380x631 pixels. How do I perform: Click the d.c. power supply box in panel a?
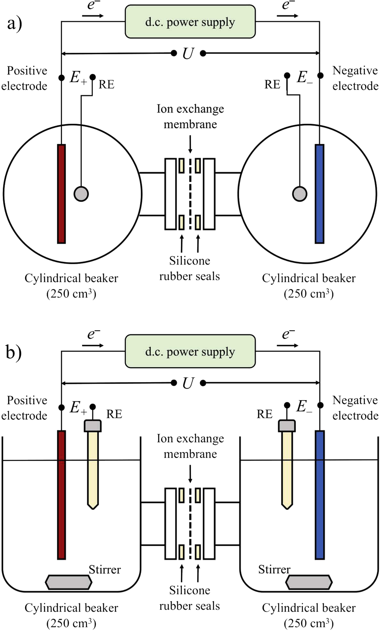click(x=190, y=22)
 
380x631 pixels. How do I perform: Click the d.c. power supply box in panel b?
click(x=190, y=351)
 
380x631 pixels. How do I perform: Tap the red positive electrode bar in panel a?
click(x=61, y=194)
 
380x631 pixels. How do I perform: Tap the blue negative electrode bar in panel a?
click(x=319, y=194)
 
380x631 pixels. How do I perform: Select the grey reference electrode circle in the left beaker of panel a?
click(x=81, y=194)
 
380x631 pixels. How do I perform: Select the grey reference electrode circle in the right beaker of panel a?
click(x=299, y=194)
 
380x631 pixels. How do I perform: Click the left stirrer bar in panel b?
click(x=68, y=582)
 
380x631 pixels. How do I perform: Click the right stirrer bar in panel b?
click(x=309, y=582)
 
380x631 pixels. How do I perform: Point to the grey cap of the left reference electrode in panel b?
click(x=93, y=426)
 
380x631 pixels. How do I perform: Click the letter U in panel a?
click(x=188, y=54)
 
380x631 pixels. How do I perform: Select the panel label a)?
click(x=15, y=23)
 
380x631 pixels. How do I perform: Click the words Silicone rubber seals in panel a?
click(x=190, y=268)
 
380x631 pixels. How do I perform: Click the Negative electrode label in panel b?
click(x=355, y=408)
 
